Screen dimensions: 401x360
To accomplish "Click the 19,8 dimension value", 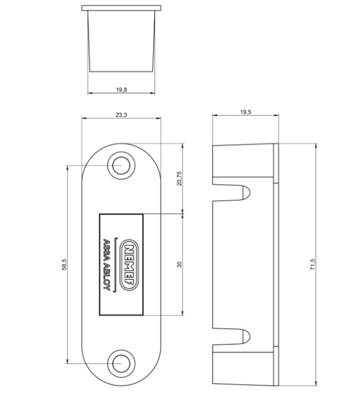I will (x=121, y=90).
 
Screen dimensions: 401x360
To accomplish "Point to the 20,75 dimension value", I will (x=180, y=178).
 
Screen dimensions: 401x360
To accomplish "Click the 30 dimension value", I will (x=180, y=264).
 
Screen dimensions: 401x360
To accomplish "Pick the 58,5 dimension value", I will (x=65, y=264).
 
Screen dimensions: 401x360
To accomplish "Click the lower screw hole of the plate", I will (x=121, y=364).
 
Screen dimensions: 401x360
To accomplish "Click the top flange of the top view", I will (x=121, y=9).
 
